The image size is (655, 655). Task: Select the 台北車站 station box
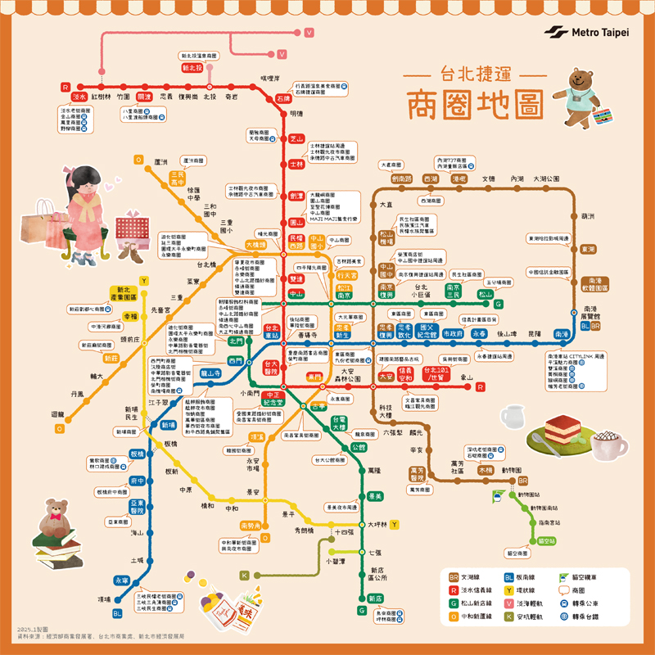point(272,331)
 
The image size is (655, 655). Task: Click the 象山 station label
point(468,377)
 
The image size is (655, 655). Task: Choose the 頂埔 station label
point(104,599)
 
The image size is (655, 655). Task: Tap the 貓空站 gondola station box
point(546,541)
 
